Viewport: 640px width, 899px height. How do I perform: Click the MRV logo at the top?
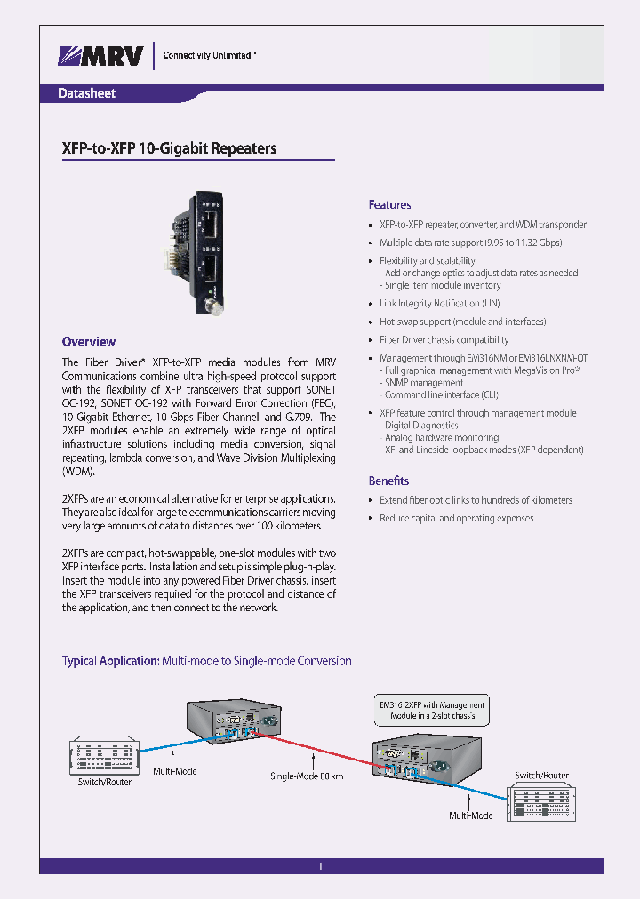[100, 55]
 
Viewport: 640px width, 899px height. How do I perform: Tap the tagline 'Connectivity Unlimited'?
[210, 55]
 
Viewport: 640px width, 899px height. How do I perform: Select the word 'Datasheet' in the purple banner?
[86, 93]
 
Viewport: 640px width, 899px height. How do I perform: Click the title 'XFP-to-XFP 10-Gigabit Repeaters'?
[169, 148]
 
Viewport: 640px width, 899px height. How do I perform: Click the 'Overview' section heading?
[88, 342]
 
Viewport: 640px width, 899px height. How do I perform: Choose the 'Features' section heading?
[389, 204]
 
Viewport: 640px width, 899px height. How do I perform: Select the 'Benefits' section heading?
[388, 481]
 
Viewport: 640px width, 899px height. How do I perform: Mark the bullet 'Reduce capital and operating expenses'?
[456, 518]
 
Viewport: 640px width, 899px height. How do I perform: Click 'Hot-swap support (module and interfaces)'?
[462, 322]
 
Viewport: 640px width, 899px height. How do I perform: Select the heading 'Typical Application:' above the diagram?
[110, 661]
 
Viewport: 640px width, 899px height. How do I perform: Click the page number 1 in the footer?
[320, 867]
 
